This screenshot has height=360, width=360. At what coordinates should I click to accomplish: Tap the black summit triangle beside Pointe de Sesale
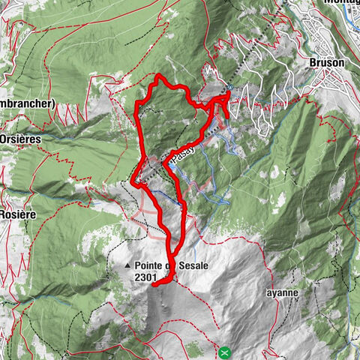(x=130, y=265)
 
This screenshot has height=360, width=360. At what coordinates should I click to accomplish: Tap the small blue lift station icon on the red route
(x=223, y=113)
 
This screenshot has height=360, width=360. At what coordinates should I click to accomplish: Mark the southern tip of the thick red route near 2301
(x=154, y=284)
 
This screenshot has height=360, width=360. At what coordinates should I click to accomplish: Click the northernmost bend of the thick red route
(x=158, y=77)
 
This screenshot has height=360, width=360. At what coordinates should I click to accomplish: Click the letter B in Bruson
(x=313, y=64)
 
